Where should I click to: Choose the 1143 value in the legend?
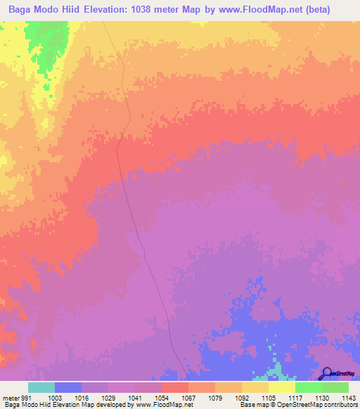coord(348,398)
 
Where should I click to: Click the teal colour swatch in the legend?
coord(41,387)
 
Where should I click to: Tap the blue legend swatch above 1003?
coord(67,387)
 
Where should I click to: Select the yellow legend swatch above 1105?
coord(255,387)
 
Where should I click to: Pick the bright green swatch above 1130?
coord(308,387)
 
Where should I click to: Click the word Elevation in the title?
coord(140,10)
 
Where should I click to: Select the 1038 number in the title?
coord(181,10)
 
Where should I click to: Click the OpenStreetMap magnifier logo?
coord(327,373)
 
